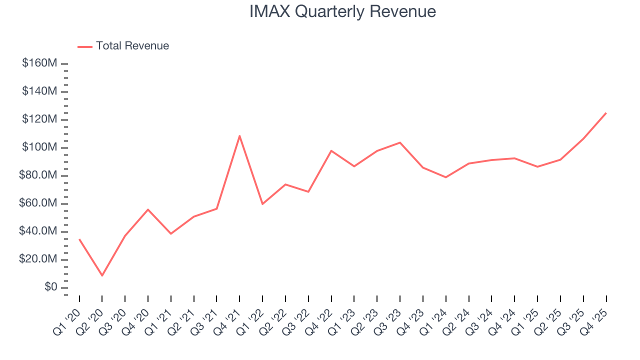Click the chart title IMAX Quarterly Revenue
tap(342, 11)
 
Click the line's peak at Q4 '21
tap(239, 135)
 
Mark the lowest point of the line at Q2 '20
tap(102, 275)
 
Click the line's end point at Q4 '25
tap(606, 113)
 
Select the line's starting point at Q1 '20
tap(79, 239)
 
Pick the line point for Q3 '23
tap(400, 142)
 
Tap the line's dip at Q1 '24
tap(445, 177)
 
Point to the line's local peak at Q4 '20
tap(148, 209)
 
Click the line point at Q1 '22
tap(262, 204)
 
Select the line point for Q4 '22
tap(331, 150)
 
